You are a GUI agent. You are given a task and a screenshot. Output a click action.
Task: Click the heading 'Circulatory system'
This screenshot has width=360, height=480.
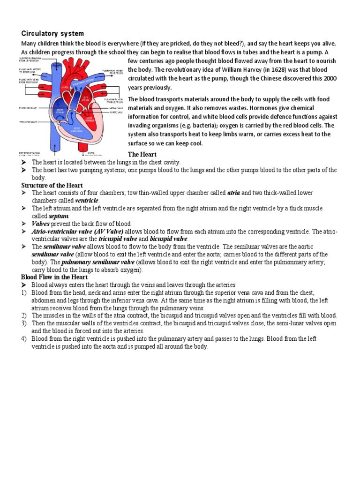(x=53, y=34)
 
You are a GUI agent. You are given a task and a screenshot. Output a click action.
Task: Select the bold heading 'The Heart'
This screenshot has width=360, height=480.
(x=142, y=154)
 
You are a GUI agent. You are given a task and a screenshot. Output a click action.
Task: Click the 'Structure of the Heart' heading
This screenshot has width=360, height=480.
(x=52, y=186)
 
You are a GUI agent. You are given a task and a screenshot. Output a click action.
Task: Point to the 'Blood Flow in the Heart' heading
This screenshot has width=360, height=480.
(x=54, y=277)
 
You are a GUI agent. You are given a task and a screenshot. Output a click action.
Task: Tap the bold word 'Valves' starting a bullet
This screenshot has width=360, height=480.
(x=41, y=224)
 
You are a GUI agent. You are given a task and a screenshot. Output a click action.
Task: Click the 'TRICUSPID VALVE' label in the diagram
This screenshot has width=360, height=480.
(x=28, y=122)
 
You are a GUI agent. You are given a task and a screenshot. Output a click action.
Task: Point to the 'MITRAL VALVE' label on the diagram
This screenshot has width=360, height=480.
(x=116, y=107)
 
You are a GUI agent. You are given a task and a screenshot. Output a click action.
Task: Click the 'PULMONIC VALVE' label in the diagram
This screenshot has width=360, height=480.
(x=28, y=108)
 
